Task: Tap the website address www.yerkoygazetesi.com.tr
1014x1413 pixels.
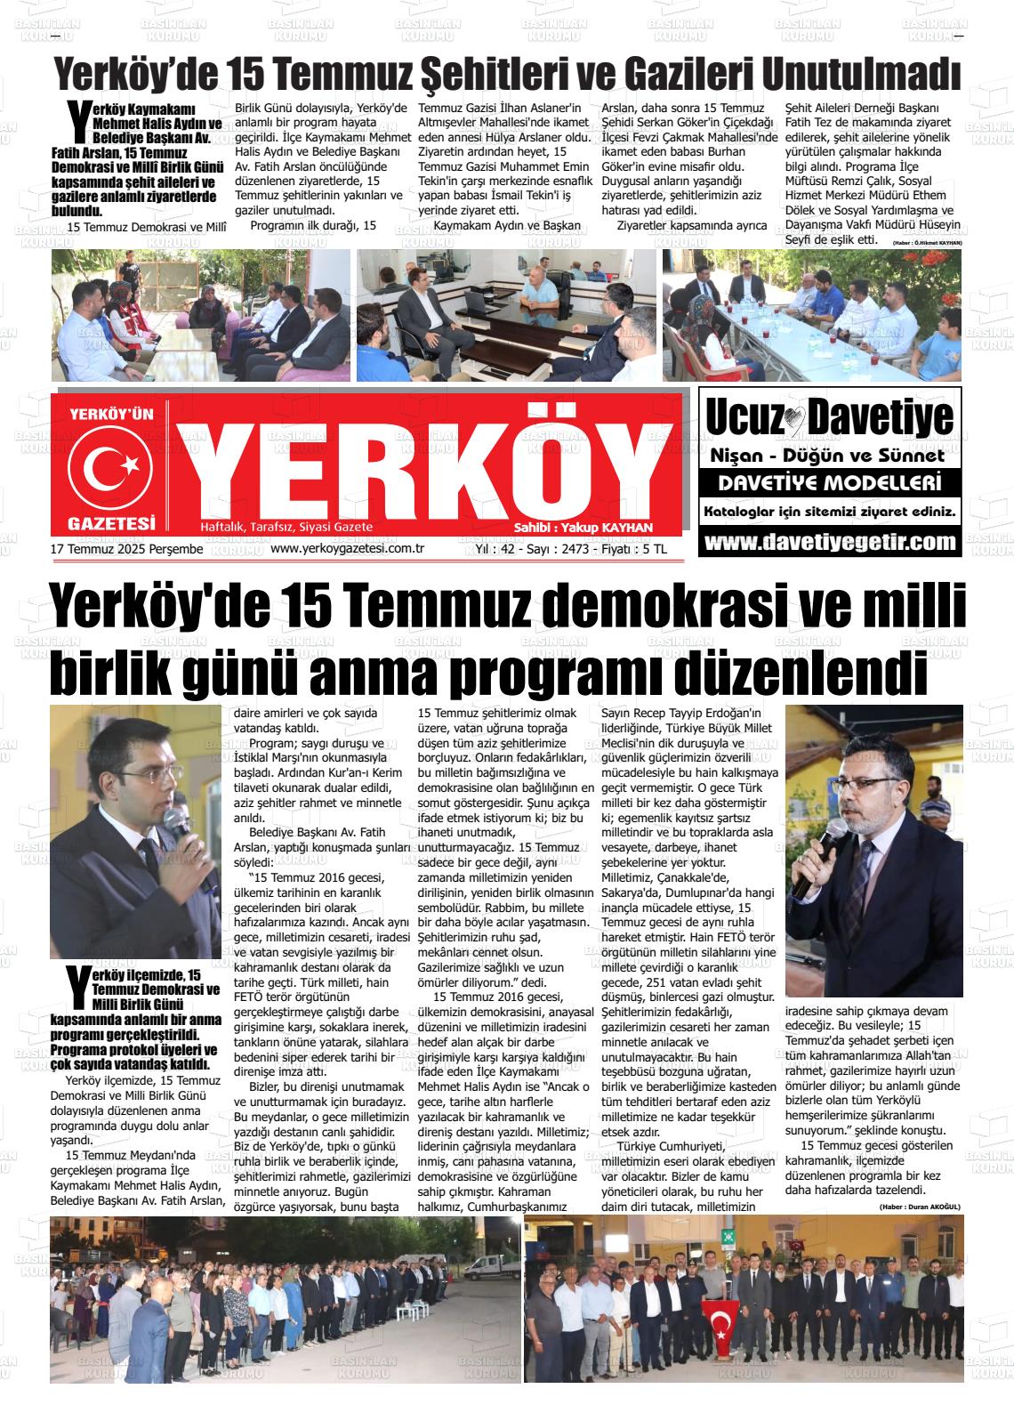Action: point(346,549)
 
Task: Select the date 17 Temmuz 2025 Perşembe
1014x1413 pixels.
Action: point(127,550)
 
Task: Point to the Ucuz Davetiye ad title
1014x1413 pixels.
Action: point(828,417)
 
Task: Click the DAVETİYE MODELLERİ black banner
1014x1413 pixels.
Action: point(829,484)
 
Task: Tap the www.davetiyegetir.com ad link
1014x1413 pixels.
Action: point(829,542)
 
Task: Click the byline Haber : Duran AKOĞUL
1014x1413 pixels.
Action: point(918,1207)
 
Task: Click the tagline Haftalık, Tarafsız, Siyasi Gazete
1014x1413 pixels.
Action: point(286,528)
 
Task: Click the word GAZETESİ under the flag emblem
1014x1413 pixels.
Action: point(111,523)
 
